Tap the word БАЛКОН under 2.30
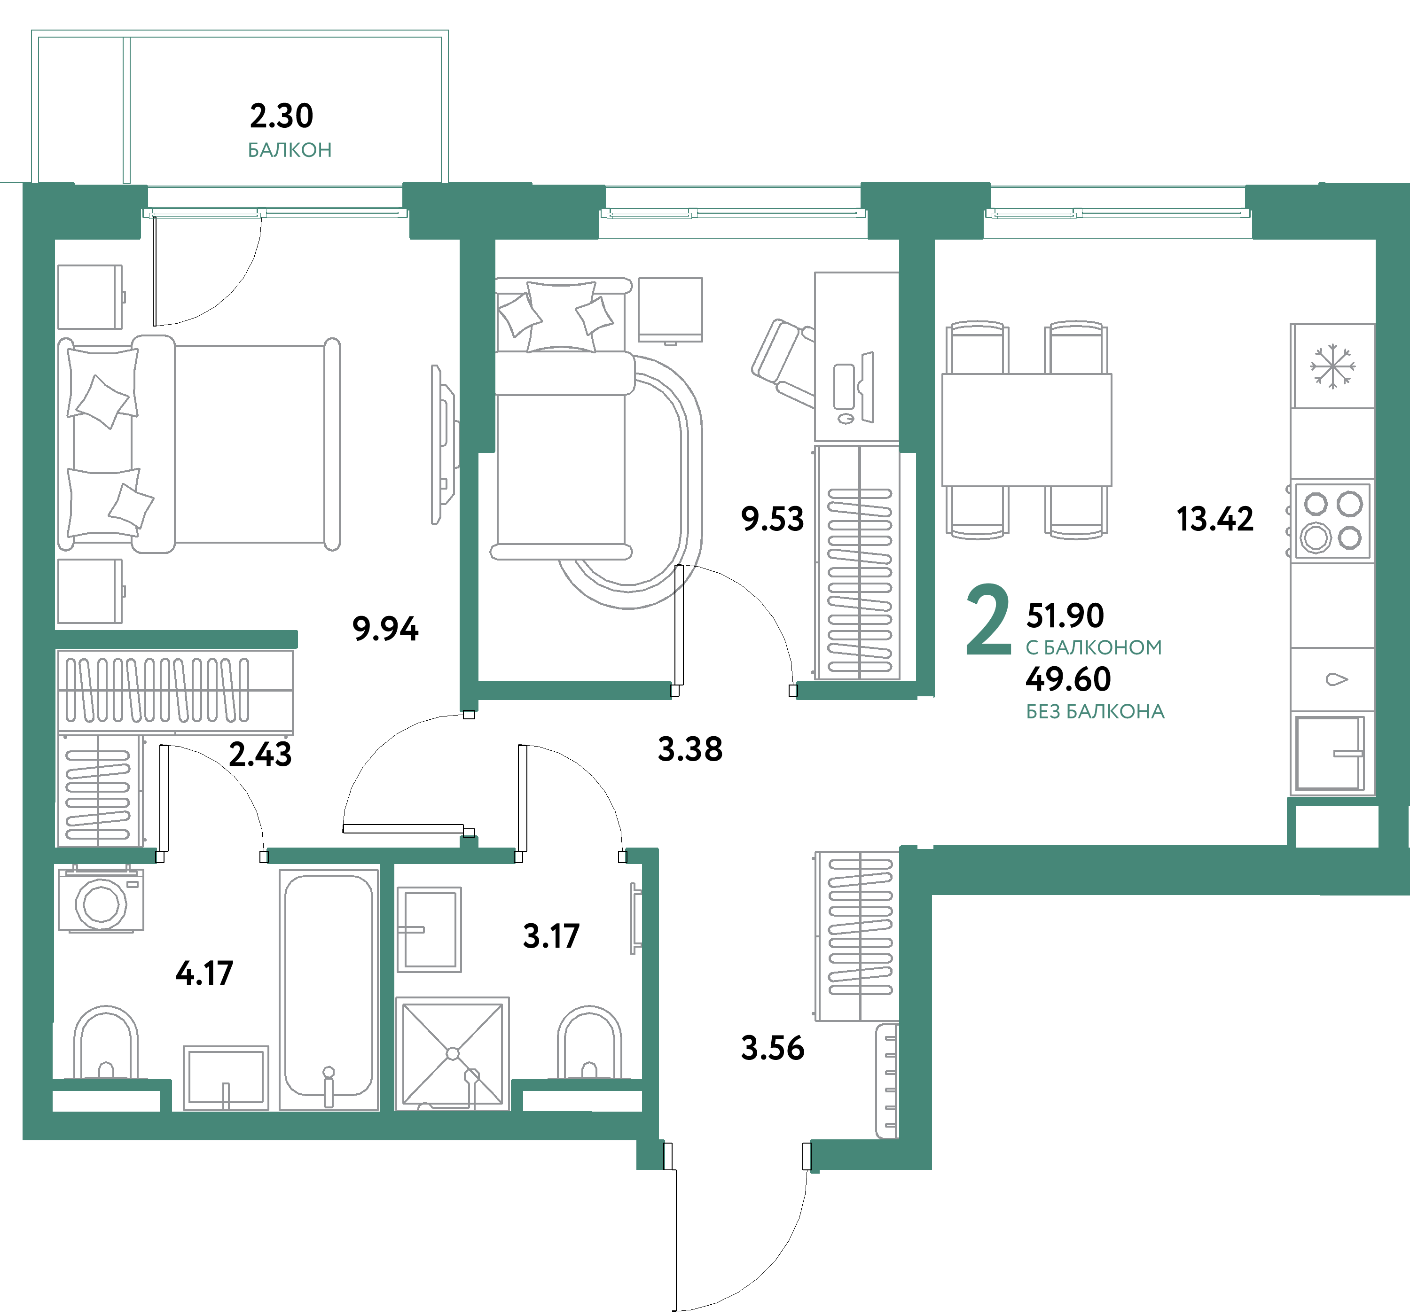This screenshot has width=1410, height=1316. [x=290, y=150]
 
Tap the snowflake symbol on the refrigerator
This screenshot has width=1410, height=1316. [x=1332, y=366]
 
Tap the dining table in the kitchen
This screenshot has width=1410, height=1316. [x=1026, y=430]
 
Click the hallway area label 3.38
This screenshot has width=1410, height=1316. [x=690, y=749]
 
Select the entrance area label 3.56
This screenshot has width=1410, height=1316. [x=772, y=1048]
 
